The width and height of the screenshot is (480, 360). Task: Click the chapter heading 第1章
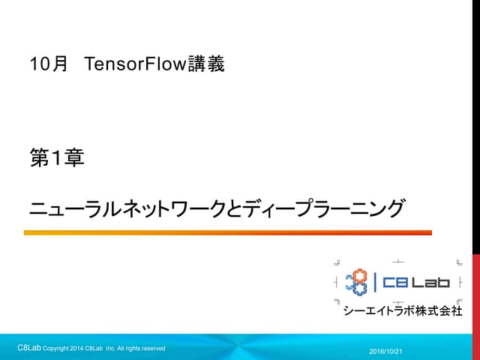pyautogui.click(x=56, y=158)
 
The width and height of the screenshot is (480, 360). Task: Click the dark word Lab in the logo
pyautogui.click(x=430, y=283)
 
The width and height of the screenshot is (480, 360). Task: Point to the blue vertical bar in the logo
pyautogui.click(x=374, y=282)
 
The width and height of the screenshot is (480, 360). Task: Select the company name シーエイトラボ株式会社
pyautogui.click(x=402, y=310)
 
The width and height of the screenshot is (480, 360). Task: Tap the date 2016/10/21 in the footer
pyautogui.click(x=386, y=351)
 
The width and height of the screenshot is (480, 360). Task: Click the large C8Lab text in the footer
pyautogui.click(x=29, y=348)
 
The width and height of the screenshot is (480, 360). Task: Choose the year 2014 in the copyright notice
pyautogui.click(x=77, y=349)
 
